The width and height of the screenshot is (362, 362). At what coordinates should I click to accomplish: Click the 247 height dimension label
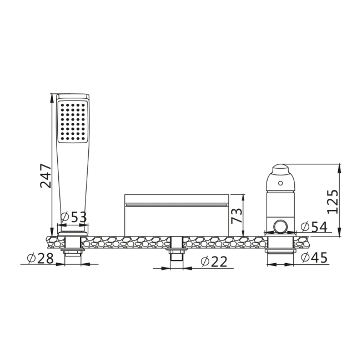point(46,175)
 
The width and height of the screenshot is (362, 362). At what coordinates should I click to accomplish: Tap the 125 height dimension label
point(333,202)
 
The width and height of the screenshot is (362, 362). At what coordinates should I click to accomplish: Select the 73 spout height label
point(237,215)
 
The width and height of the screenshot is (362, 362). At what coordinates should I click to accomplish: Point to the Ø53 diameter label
point(74,217)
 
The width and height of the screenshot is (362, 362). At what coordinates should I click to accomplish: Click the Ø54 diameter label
point(314,227)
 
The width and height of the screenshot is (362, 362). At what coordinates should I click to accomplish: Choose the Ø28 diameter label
point(41,258)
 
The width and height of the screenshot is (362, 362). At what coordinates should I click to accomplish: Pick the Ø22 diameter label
point(214,262)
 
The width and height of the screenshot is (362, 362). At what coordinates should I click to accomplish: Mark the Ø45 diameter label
point(314,258)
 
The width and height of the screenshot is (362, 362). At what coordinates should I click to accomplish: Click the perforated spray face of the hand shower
point(73,122)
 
